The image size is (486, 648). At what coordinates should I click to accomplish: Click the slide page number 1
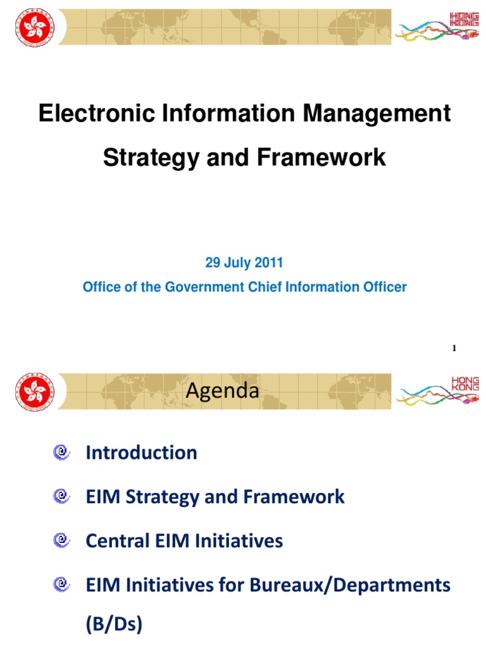pyautogui.click(x=455, y=348)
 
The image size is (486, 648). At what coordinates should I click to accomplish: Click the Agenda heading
pyautogui.click(x=222, y=391)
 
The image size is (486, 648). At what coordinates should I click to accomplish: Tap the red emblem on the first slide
pyautogui.click(x=35, y=26)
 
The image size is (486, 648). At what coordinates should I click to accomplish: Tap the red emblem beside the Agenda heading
pyautogui.click(x=35, y=391)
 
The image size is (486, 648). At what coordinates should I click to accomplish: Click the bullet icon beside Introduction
pyautogui.click(x=61, y=452)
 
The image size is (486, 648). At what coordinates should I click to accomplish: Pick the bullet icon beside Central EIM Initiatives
pyautogui.click(x=61, y=541)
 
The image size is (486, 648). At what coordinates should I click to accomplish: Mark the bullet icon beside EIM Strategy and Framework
pyautogui.click(x=61, y=497)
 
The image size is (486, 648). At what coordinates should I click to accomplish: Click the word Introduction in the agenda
pyautogui.click(x=141, y=452)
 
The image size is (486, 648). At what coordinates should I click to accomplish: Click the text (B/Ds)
pyautogui.click(x=114, y=625)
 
